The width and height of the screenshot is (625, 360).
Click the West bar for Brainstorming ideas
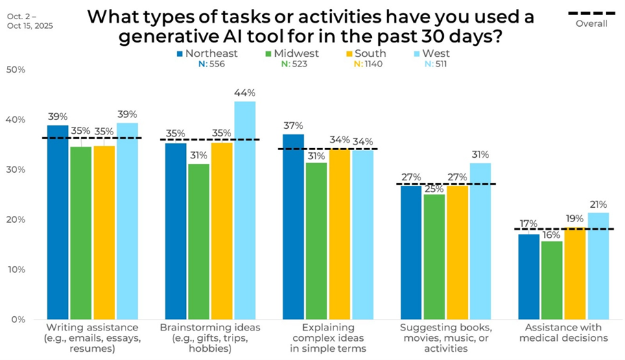[x=246, y=210]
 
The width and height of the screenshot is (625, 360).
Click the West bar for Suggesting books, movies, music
[x=480, y=241]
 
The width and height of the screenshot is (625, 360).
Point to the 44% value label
[x=245, y=93]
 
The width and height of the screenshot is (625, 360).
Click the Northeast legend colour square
[x=180, y=53]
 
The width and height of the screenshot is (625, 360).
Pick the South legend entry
[x=370, y=53]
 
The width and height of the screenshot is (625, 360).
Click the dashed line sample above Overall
[x=591, y=13]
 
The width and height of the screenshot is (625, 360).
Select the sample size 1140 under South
[x=375, y=64]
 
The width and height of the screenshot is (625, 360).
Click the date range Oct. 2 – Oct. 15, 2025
[x=31, y=21]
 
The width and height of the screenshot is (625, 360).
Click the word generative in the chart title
[x=165, y=36]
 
